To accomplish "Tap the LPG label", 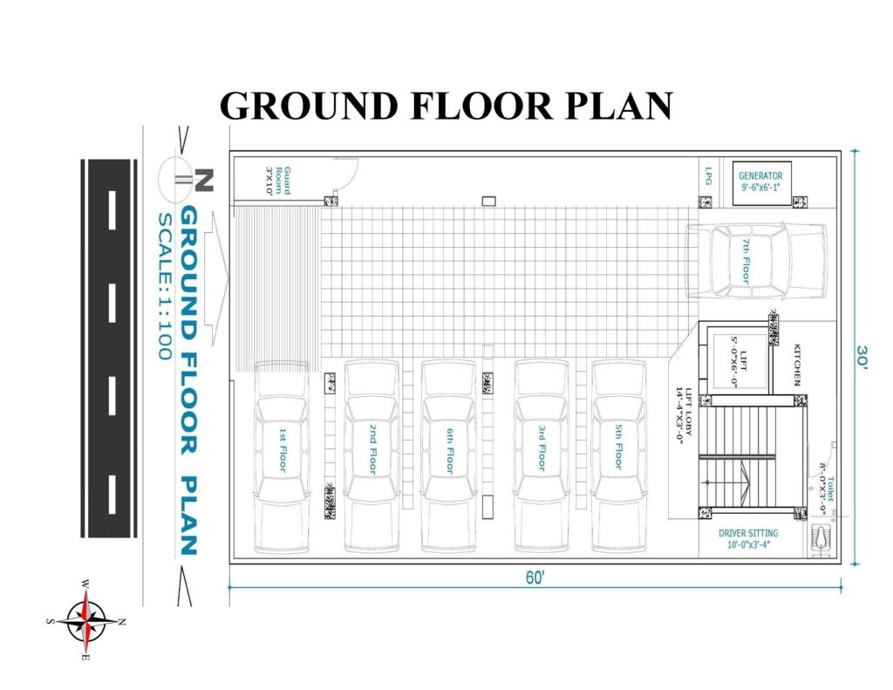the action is pos(709,175).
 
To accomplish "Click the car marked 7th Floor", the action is pos(756,261).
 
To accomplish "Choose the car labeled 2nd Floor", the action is pos(372,456).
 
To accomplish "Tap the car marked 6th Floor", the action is pos(449,456).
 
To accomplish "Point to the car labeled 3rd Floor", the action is pos(542,456).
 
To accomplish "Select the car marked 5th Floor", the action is pos(619,456).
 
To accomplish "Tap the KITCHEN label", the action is pos(797,365).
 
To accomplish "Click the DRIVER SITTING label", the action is pos(748,533).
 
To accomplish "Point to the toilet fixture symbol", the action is pos(821,537).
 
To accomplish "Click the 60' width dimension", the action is pos(535,577).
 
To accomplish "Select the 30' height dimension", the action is pos(862,358).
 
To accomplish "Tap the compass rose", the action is pos(85,621).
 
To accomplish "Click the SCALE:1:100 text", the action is pos(165,286).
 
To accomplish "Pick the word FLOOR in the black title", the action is pos(481,106).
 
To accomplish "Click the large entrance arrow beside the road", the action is pos(216,278).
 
